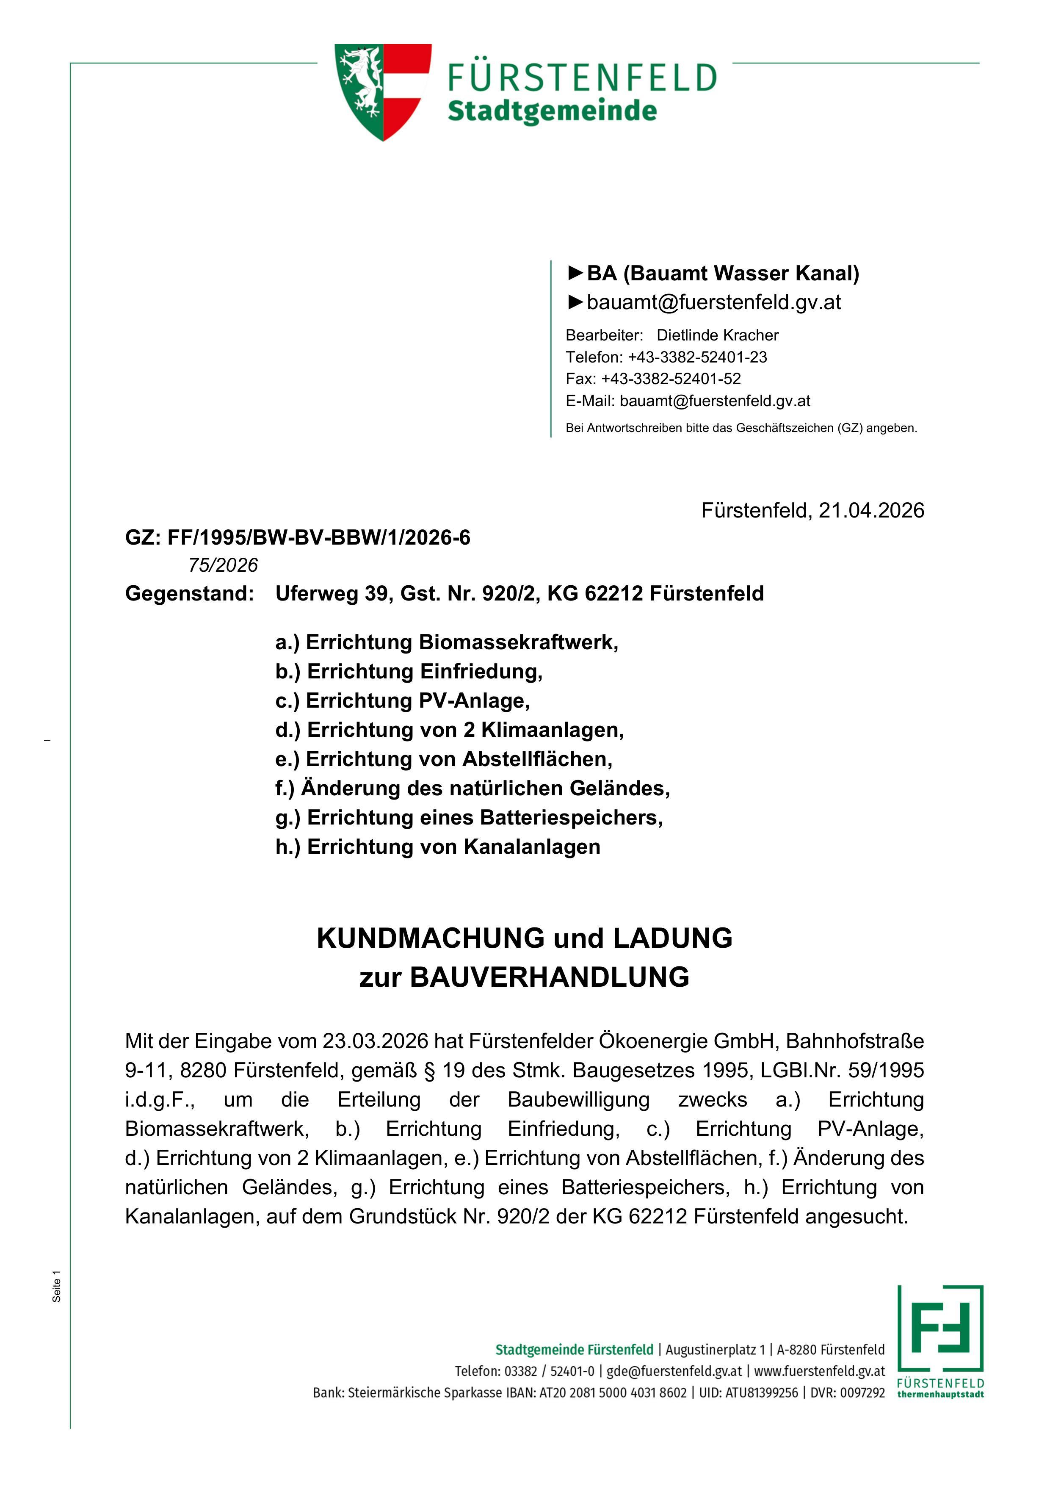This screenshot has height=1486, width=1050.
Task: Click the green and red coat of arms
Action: tap(382, 91)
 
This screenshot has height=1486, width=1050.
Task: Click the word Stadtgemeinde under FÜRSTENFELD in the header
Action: tap(552, 111)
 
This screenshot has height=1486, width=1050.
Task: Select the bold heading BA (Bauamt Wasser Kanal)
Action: tap(723, 274)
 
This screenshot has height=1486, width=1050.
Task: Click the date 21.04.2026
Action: tap(871, 511)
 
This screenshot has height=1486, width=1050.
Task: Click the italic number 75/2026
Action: tap(223, 566)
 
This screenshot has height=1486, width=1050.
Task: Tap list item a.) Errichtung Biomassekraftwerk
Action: tap(446, 643)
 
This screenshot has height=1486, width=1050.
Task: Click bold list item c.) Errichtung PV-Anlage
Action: tap(402, 701)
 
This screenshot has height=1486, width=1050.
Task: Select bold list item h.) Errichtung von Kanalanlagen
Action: tap(437, 847)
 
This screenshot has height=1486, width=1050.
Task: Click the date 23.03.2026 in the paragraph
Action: tap(375, 1041)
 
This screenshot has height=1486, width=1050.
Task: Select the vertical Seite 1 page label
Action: tap(57, 1286)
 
